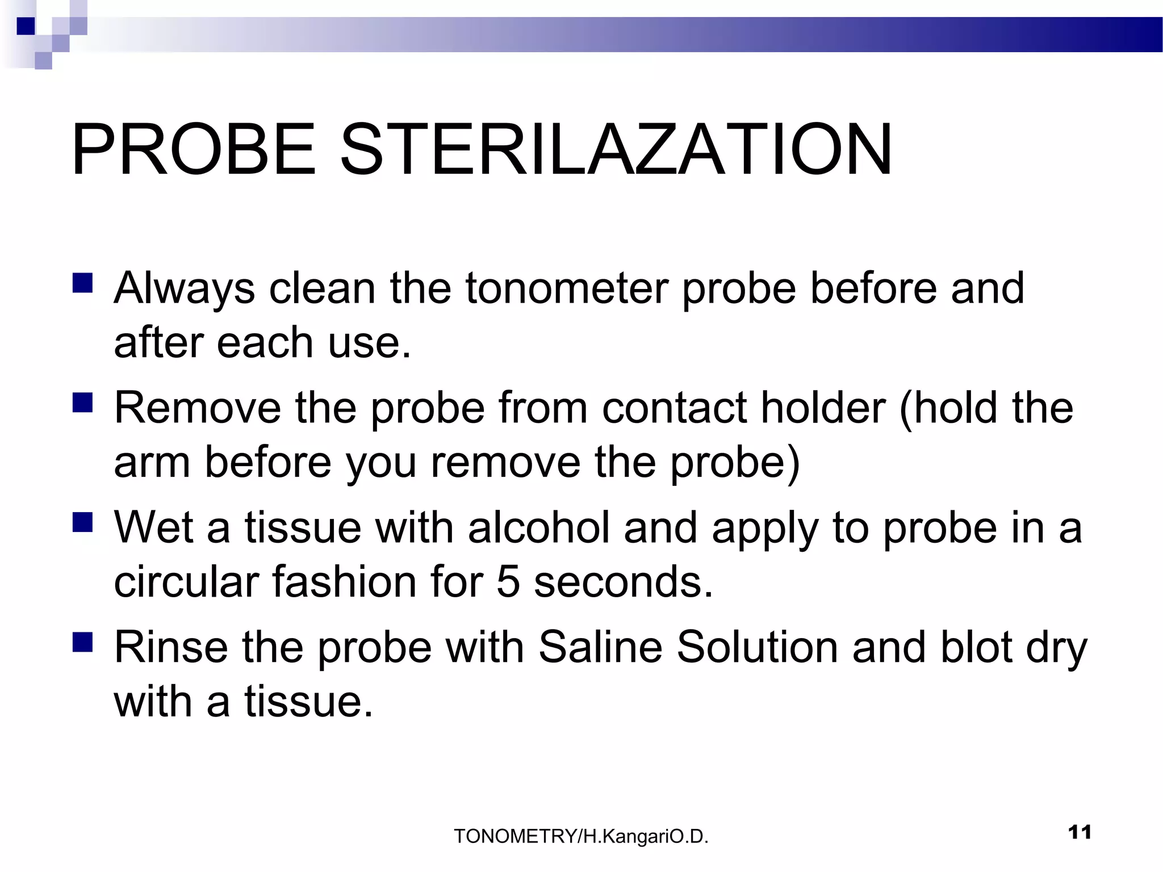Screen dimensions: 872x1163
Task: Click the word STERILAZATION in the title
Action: tap(616, 150)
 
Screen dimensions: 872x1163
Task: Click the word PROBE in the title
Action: tap(193, 150)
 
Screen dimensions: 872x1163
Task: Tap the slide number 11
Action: tap(1080, 832)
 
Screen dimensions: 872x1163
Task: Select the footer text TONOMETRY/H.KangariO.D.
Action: tap(581, 836)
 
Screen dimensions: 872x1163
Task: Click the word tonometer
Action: tap(566, 288)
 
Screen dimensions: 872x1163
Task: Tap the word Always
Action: tap(185, 288)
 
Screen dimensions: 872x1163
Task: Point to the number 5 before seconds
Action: tap(508, 582)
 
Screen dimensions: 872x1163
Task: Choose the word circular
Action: tap(186, 582)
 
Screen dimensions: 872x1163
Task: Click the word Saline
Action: tap(600, 648)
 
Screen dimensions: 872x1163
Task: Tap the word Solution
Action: tap(757, 648)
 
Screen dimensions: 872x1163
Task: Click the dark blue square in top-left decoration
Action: tap(26, 26)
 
